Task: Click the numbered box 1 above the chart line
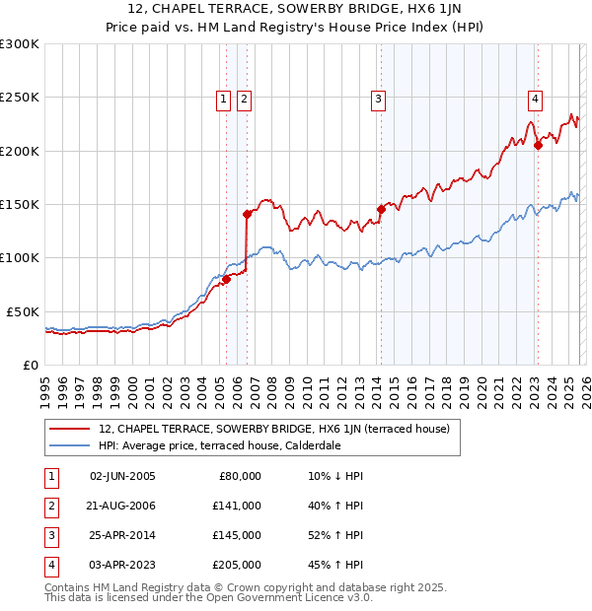pyautogui.click(x=224, y=99)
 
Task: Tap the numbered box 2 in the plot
pyautogui.click(x=244, y=99)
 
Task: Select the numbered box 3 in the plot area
pyautogui.click(x=378, y=99)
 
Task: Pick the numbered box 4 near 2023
pyautogui.click(x=534, y=99)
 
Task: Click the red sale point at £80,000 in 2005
pyautogui.click(x=226, y=279)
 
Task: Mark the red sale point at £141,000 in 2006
pyautogui.click(x=247, y=213)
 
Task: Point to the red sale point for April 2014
pyautogui.click(x=381, y=209)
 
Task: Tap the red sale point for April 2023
pyautogui.click(x=538, y=146)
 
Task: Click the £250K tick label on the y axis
pyautogui.click(x=20, y=98)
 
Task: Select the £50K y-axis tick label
pyautogui.click(x=23, y=311)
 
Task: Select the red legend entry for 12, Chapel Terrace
pyautogui.click(x=274, y=429)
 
